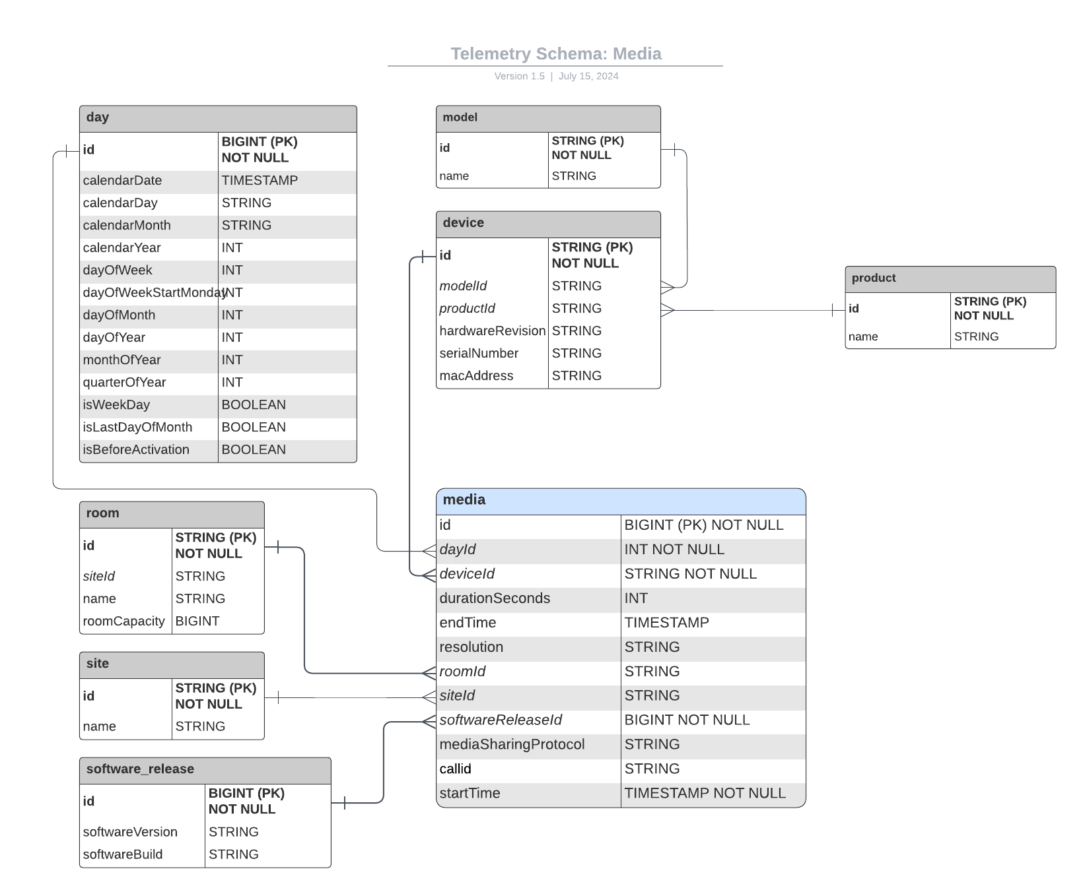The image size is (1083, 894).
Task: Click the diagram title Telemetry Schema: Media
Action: [555, 54]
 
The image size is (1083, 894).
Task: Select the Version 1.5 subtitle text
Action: [520, 77]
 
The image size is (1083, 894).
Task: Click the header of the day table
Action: [218, 118]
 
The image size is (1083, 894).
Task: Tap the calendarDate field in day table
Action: [123, 181]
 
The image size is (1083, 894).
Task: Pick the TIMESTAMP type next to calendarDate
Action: [260, 181]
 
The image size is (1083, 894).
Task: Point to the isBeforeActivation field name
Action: [136, 450]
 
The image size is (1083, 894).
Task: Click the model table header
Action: [548, 118]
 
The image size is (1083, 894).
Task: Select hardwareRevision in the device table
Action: [492, 331]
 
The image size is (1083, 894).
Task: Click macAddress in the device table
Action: [476, 376]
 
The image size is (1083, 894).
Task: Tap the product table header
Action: [950, 278]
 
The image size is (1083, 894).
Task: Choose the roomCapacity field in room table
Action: [123, 622]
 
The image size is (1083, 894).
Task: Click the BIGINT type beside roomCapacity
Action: [197, 622]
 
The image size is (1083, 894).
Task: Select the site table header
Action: [172, 664]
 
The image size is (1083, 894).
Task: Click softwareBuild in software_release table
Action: [123, 854]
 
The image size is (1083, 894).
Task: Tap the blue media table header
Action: [621, 501]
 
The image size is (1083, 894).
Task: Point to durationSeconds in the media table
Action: [495, 598]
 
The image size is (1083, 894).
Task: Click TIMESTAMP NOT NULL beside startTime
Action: [705, 794]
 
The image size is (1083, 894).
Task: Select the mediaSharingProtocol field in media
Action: [512, 745]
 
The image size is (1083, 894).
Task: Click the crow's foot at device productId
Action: [668, 310]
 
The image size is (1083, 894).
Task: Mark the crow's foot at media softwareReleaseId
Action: [429, 721]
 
